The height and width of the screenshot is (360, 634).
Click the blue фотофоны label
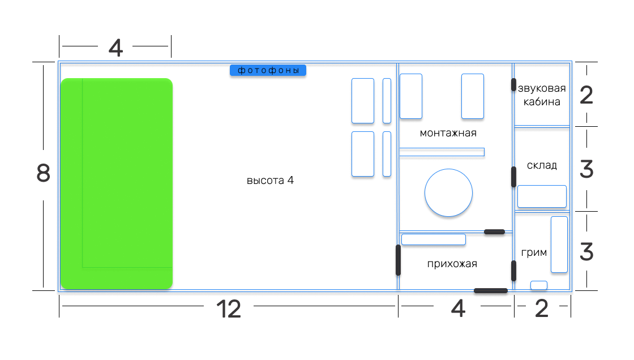(268, 70)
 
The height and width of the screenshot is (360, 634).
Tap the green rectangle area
(116, 183)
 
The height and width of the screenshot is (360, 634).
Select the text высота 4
(270, 181)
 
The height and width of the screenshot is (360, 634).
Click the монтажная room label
(448, 133)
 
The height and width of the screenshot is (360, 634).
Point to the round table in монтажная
(448, 192)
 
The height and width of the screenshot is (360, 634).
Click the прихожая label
(452, 264)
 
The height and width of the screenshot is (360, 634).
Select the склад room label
(542, 165)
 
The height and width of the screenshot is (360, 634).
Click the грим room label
(533, 252)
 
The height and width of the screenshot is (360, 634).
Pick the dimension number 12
(229, 309)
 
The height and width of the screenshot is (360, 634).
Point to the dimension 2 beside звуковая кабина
(586, 95)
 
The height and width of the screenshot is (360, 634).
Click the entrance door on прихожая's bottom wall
(490, 291)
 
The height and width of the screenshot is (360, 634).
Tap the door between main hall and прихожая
(398, 260)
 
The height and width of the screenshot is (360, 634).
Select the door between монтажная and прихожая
(494, 232)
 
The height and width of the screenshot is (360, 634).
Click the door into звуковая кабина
(513, 85)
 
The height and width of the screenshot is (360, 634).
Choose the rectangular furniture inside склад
(542, 196)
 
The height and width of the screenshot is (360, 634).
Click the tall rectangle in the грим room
(559, 244)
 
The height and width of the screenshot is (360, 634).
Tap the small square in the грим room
(538, 285)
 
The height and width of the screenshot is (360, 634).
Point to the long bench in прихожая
(433, 239)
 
